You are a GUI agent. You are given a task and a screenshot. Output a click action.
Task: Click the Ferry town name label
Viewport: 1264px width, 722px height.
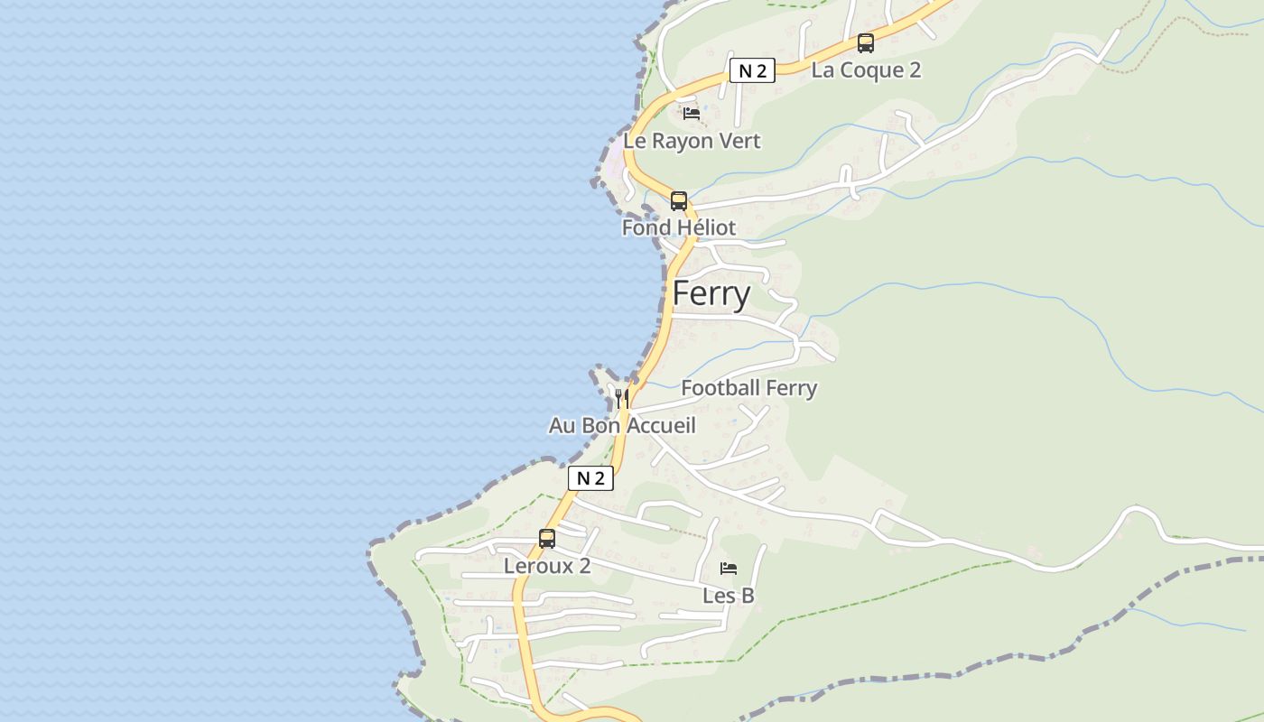coord(711,294)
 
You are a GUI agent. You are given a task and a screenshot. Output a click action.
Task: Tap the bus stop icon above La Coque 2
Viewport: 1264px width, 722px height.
coord(865,42)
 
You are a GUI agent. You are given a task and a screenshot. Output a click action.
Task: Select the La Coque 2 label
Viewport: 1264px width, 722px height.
coord(866,70)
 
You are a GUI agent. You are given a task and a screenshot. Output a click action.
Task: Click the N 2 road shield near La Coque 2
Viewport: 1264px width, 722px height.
coord(752,70)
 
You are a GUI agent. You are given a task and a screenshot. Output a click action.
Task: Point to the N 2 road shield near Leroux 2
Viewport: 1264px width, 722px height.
coord(590,478)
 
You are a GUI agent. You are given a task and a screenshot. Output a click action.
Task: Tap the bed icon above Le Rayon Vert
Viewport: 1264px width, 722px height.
coord(692,114)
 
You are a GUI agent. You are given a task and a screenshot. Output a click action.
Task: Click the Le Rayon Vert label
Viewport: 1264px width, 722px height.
coord(692,141)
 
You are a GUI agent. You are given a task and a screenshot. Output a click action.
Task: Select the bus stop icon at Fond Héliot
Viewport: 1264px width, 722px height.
coord(679,200)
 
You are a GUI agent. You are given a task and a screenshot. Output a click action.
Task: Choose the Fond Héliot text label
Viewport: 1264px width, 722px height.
coord(679,227)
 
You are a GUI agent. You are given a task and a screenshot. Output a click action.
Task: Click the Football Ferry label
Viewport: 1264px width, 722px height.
coord(748,388)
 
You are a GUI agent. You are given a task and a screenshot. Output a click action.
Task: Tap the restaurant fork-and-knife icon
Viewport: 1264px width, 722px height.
coord(621,397)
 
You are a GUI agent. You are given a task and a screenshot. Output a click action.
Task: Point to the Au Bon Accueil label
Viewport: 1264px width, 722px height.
coord(622,424)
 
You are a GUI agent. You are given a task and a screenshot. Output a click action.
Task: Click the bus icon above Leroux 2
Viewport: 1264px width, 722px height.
coord(547,539)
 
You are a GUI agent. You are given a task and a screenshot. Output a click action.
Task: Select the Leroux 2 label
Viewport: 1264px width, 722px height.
coord(547,566)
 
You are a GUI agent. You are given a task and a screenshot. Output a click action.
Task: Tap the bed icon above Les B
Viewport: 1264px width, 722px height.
coord(729,569)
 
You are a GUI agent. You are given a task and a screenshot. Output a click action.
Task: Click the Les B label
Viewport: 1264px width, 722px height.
coord(729,596)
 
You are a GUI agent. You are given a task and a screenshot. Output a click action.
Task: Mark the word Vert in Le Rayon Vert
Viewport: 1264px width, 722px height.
coord(740,141)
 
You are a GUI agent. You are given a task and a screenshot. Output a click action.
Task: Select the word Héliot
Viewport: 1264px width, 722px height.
coord(703,227)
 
